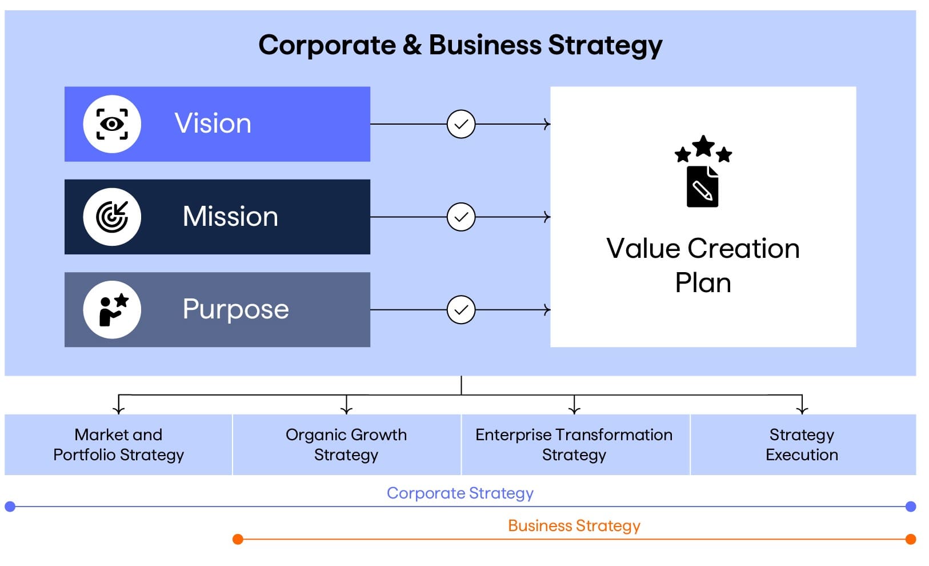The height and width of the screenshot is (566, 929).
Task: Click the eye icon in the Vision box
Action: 112,124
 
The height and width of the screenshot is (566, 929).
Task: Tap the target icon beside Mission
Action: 112,217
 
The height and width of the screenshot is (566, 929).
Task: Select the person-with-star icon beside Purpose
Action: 113,309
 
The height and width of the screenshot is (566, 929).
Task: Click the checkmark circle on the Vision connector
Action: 461,124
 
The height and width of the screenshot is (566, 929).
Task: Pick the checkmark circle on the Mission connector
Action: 461,217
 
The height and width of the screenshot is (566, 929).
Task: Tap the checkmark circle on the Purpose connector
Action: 461,309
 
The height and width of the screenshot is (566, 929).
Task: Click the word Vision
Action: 213,123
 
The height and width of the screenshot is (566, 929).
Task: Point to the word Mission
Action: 230,216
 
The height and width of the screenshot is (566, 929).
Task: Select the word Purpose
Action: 235,309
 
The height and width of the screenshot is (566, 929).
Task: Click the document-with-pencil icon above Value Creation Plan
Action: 703,186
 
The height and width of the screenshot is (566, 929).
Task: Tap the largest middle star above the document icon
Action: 703,146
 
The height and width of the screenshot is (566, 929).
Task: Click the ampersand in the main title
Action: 412,45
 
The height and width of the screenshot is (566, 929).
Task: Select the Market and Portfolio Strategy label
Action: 119,444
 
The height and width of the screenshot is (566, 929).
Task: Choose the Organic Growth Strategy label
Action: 346,444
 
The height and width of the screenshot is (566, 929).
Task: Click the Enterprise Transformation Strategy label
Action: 574,444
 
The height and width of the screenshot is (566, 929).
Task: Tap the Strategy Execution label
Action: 802,444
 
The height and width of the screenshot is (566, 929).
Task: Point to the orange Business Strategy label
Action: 574,526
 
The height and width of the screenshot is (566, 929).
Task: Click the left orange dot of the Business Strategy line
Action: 238,539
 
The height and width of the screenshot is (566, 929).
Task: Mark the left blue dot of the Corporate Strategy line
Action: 10,506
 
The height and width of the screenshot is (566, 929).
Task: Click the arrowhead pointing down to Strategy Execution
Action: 802,410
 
